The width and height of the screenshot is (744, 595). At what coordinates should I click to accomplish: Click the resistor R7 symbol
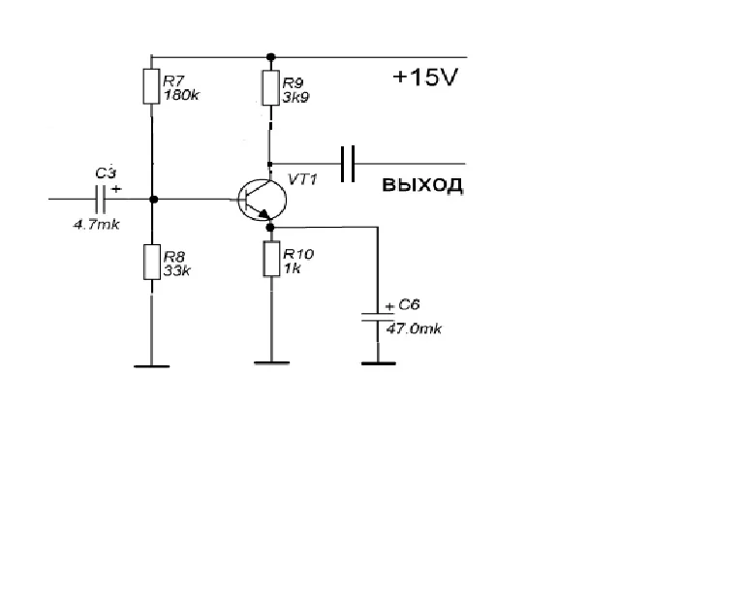click(x=150, y=86)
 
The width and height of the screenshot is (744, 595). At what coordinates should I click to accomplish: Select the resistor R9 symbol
click(x=270, y=87)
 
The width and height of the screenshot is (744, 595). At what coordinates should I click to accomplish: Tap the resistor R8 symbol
click(x=150, y=262)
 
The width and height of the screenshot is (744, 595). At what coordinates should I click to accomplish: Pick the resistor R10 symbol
click(x=270, y=260)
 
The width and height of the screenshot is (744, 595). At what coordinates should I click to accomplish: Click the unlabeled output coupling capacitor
click(x=349, y=162)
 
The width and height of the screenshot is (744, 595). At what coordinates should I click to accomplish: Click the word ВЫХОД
click(x=422, y=185)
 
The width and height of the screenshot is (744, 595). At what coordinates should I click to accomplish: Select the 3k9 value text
click(x=295, y=98)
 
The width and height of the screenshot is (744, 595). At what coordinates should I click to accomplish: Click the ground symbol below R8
click(x=150, y=366)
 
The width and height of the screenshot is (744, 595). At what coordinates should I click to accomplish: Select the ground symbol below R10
click(x=271, y=364)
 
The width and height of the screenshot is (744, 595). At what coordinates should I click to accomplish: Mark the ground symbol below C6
click(x=377, y=364)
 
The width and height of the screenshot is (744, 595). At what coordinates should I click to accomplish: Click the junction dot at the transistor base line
click(x=151, y=200)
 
